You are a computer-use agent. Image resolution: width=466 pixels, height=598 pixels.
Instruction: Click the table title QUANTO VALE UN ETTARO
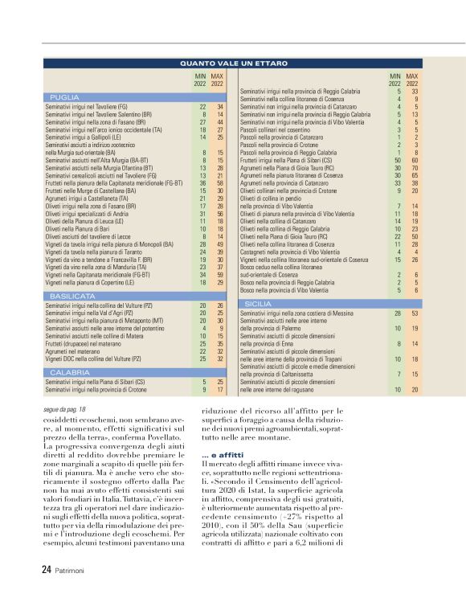pyautogui.click(x=232, y=62)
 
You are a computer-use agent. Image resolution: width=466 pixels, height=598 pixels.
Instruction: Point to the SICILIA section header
pyautogui.click(x=258, y=304)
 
